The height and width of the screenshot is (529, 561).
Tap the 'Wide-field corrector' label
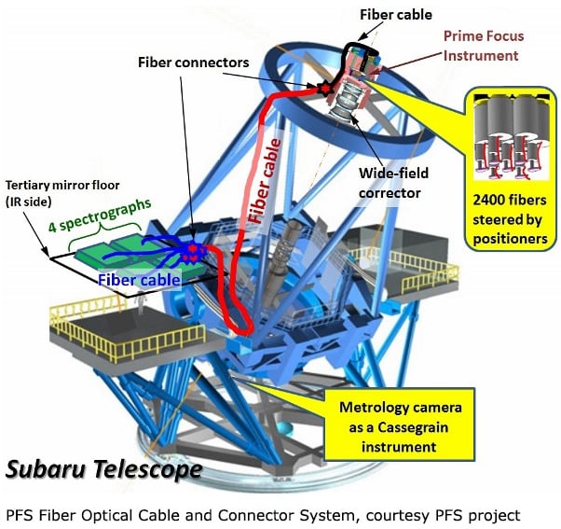[390, 184]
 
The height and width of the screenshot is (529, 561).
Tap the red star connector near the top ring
[324, 90]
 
